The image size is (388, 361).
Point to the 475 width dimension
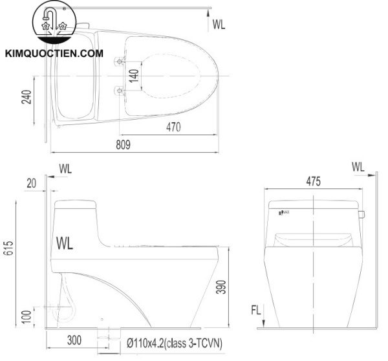(313, 182)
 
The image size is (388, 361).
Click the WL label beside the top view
(219, 25)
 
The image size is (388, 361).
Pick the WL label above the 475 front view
(359, 166)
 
